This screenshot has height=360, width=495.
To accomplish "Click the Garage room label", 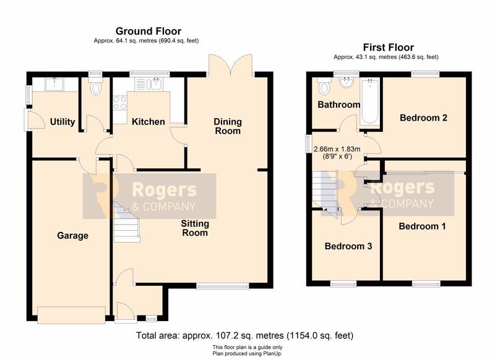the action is tap(72, 236).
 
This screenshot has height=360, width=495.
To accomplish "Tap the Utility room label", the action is tap(62, 121).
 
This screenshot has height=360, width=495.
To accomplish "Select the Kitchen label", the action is tap(148, 121).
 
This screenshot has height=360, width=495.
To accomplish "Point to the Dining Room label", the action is tap(228, 126).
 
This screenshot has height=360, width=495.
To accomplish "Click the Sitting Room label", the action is tap(195, 228).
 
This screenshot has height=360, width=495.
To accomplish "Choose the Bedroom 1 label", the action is tap(422, 226).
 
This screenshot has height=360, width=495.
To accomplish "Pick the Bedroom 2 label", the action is tap(423, 118).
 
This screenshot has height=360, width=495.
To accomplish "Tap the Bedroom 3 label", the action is tap(348, 246).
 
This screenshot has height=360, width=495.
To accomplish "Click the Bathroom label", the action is tap(338, 105).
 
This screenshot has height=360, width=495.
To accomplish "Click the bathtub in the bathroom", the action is tap(369, 101).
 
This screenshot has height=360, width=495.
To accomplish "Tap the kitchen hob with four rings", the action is tap(119, 103).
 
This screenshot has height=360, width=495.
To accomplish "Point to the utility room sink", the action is tap(54, 84).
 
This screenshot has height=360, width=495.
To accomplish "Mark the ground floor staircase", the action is tap(126, 222).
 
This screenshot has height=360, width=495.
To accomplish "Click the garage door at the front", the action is tap(71, 315).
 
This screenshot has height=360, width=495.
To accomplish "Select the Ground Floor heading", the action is tap(148, 31).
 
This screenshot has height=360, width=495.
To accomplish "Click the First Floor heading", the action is tap(389, 48).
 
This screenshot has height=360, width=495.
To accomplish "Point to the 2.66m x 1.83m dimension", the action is tap(337, 149).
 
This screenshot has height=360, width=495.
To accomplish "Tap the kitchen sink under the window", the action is tap(148, 84).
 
